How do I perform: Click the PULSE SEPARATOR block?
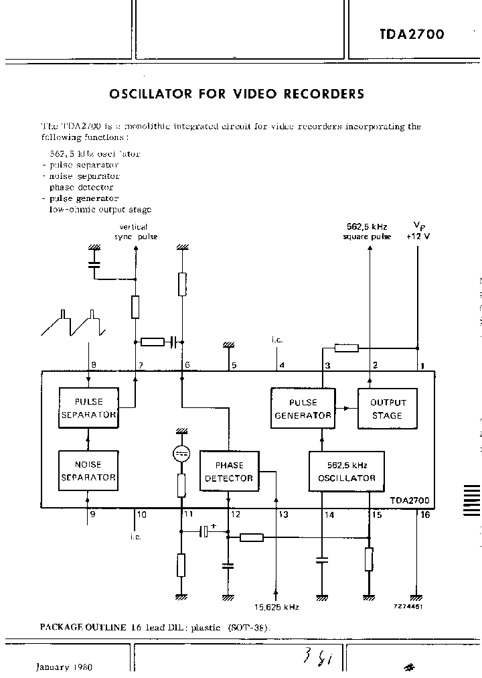[x=88, y=408]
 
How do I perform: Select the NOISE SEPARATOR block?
[x=88, y=470]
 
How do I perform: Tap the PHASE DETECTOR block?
[x=229, y=471]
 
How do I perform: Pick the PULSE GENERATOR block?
[x=303, y=408]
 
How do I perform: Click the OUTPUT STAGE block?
[x=388, y=408]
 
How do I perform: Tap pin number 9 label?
[x=92, y=515]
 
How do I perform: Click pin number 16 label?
[x=426, y=515]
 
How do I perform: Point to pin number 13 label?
[x=283, y=515]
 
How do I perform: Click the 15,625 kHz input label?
[x=276, y=607]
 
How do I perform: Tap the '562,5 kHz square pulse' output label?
[x=367, y=232]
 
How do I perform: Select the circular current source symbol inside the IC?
[x=181, y=454]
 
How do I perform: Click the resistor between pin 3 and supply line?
[x=346, y=348]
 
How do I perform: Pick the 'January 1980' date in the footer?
[x=64, y=667]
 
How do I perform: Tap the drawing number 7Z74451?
[x=408, y=606]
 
